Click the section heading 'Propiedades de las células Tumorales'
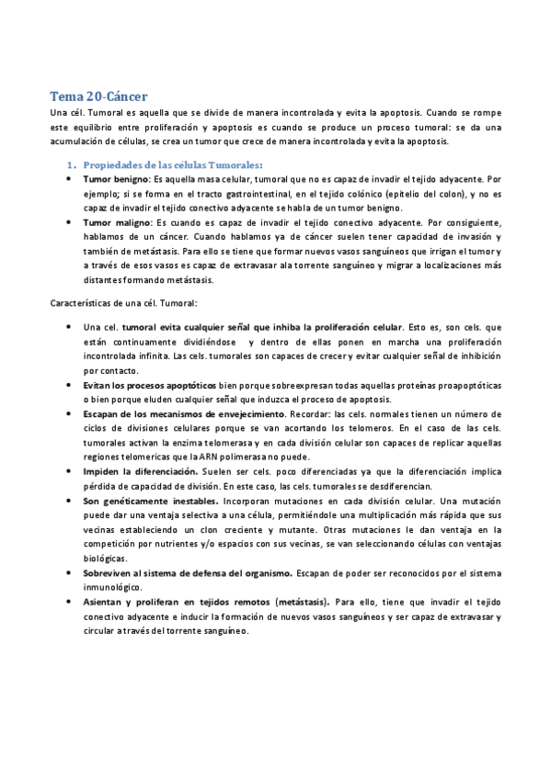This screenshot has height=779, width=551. (x=172, y=164)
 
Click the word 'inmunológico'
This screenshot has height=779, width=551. (x=112, y=586)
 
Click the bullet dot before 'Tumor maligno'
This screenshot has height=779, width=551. (x=71, y=223)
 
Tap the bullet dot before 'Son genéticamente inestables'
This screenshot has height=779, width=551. (x=71, y=501)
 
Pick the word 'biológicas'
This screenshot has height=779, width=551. (x=107, y=558)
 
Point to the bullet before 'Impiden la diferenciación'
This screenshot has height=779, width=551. (x=71, y=471)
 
